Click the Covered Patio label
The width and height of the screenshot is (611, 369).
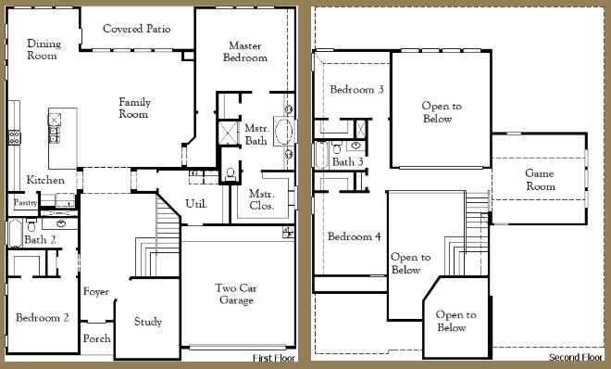(135, 29)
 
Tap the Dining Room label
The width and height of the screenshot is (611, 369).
(43, 50)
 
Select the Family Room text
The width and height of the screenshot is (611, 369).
(134, 108)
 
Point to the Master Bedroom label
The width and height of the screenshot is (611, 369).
(244, 51)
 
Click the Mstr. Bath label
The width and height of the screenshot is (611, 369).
(256, 134)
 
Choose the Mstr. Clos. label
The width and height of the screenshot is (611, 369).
(260, 200)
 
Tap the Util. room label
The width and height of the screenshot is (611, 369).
(196, 203)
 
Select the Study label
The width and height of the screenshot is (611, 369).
(148, 322)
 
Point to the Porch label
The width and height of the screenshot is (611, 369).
(96, 338)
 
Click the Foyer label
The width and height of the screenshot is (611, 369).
(96, 292)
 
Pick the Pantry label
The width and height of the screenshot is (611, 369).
(24, 201)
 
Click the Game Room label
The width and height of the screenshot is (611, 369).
(540, 180)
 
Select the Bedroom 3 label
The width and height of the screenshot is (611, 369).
(356, 90)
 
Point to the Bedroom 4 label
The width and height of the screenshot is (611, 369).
(355, 236)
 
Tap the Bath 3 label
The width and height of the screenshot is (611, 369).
(347, 162)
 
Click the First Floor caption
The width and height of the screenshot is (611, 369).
(274, 358)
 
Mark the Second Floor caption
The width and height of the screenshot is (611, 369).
(575, 358)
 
